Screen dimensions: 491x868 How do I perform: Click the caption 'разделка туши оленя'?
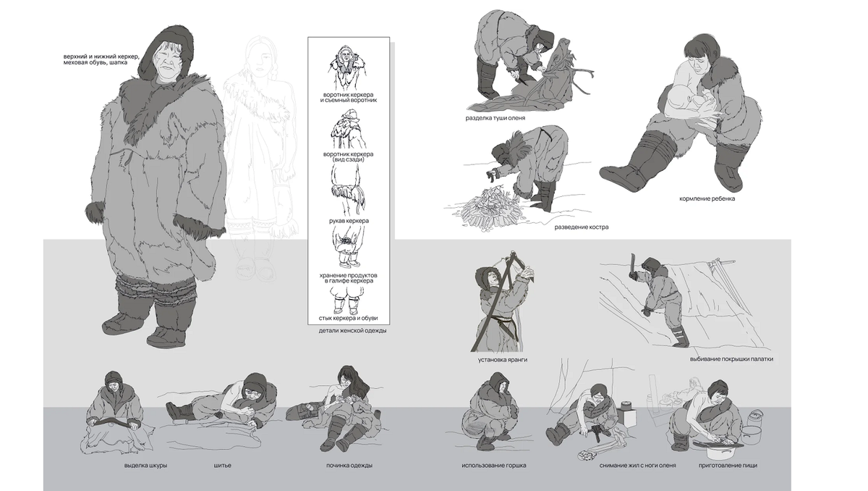(x=495, y=117)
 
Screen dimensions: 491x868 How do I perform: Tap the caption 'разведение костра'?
(x=581, y=227)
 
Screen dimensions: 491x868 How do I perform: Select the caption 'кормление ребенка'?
(x=707, y=198)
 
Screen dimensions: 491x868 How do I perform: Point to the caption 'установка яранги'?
(x=497, y=359)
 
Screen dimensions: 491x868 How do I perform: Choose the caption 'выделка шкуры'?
(x=145, y=465)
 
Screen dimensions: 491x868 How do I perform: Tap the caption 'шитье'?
(x=223, y=465)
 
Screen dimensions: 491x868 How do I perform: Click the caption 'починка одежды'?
(x=349, y=465)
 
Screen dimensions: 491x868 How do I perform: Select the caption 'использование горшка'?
(x=494, y=465)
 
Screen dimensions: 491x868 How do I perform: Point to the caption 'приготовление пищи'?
(x=728, y=465)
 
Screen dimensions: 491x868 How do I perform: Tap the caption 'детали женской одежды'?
(x=352, y=331)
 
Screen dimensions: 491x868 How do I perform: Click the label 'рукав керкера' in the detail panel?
(x=349, y=220)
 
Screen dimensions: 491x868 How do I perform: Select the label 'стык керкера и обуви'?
(x=349, y=317)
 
